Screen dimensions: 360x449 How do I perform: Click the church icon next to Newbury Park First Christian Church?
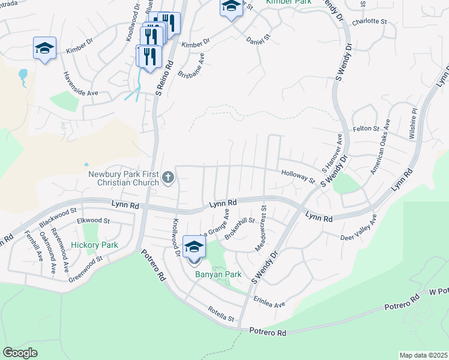click(x=168, y=178)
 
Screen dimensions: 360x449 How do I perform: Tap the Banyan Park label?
click(x=218, y=275)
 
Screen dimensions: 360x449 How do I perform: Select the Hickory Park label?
click(x=94, y=245)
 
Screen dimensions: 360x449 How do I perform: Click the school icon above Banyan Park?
click(x=194, y=247)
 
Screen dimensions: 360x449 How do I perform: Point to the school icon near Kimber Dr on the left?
click(x=44, y=49)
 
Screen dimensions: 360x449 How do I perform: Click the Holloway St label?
click(x=298, y=176)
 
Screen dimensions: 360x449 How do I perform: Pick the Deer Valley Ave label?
click(x=359, y=233)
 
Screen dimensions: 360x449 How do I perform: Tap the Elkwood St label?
click(x=94, y=221)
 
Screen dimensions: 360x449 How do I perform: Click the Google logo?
click(x=20, y=352)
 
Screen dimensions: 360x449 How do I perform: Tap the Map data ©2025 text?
click(x=423, y=355)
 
